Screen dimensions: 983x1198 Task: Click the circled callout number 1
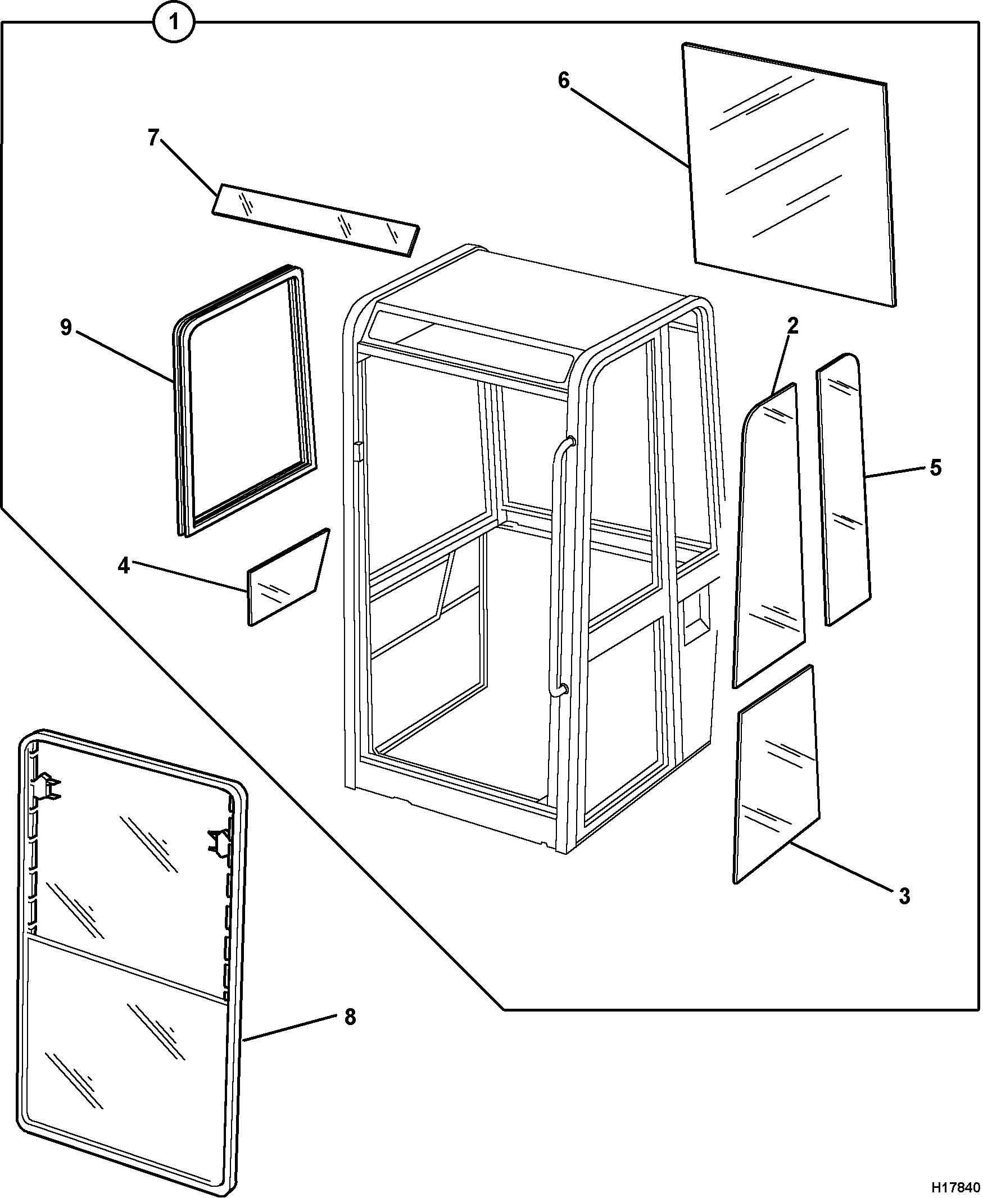click(174, 22)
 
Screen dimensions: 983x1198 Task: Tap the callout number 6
click(563, 81)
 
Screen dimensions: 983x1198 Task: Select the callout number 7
click(153, 138)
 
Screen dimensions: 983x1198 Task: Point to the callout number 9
click(66, 327)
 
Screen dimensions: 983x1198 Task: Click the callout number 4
click(124, 566)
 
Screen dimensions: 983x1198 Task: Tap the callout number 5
click(935, 468)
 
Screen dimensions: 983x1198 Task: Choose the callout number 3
click(904, 896)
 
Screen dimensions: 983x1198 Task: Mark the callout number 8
click(350, 1017)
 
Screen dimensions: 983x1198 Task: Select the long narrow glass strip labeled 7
click(316, 220)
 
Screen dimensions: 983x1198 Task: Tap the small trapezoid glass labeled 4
click(288, 578)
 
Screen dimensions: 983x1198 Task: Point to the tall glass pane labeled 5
click(843, 490)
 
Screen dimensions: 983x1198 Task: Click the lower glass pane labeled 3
click(776, 773)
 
